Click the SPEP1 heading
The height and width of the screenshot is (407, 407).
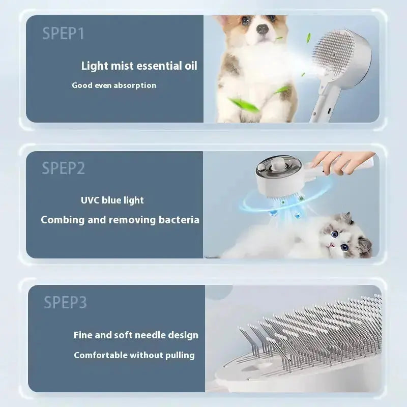64,34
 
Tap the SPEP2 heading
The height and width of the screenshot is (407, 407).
64,168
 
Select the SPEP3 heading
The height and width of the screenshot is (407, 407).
65,302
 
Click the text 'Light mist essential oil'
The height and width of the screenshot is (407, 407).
139,66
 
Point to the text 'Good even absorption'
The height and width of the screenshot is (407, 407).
114,85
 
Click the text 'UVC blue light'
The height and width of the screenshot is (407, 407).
112,200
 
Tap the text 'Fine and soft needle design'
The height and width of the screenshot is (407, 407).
136,335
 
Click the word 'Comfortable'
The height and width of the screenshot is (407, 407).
99,355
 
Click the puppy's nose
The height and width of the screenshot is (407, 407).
263,30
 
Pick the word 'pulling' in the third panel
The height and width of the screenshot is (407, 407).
179,355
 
